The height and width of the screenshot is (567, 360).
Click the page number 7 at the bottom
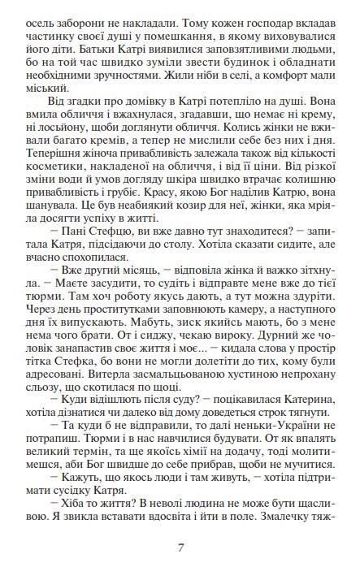[x=180, y=546]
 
